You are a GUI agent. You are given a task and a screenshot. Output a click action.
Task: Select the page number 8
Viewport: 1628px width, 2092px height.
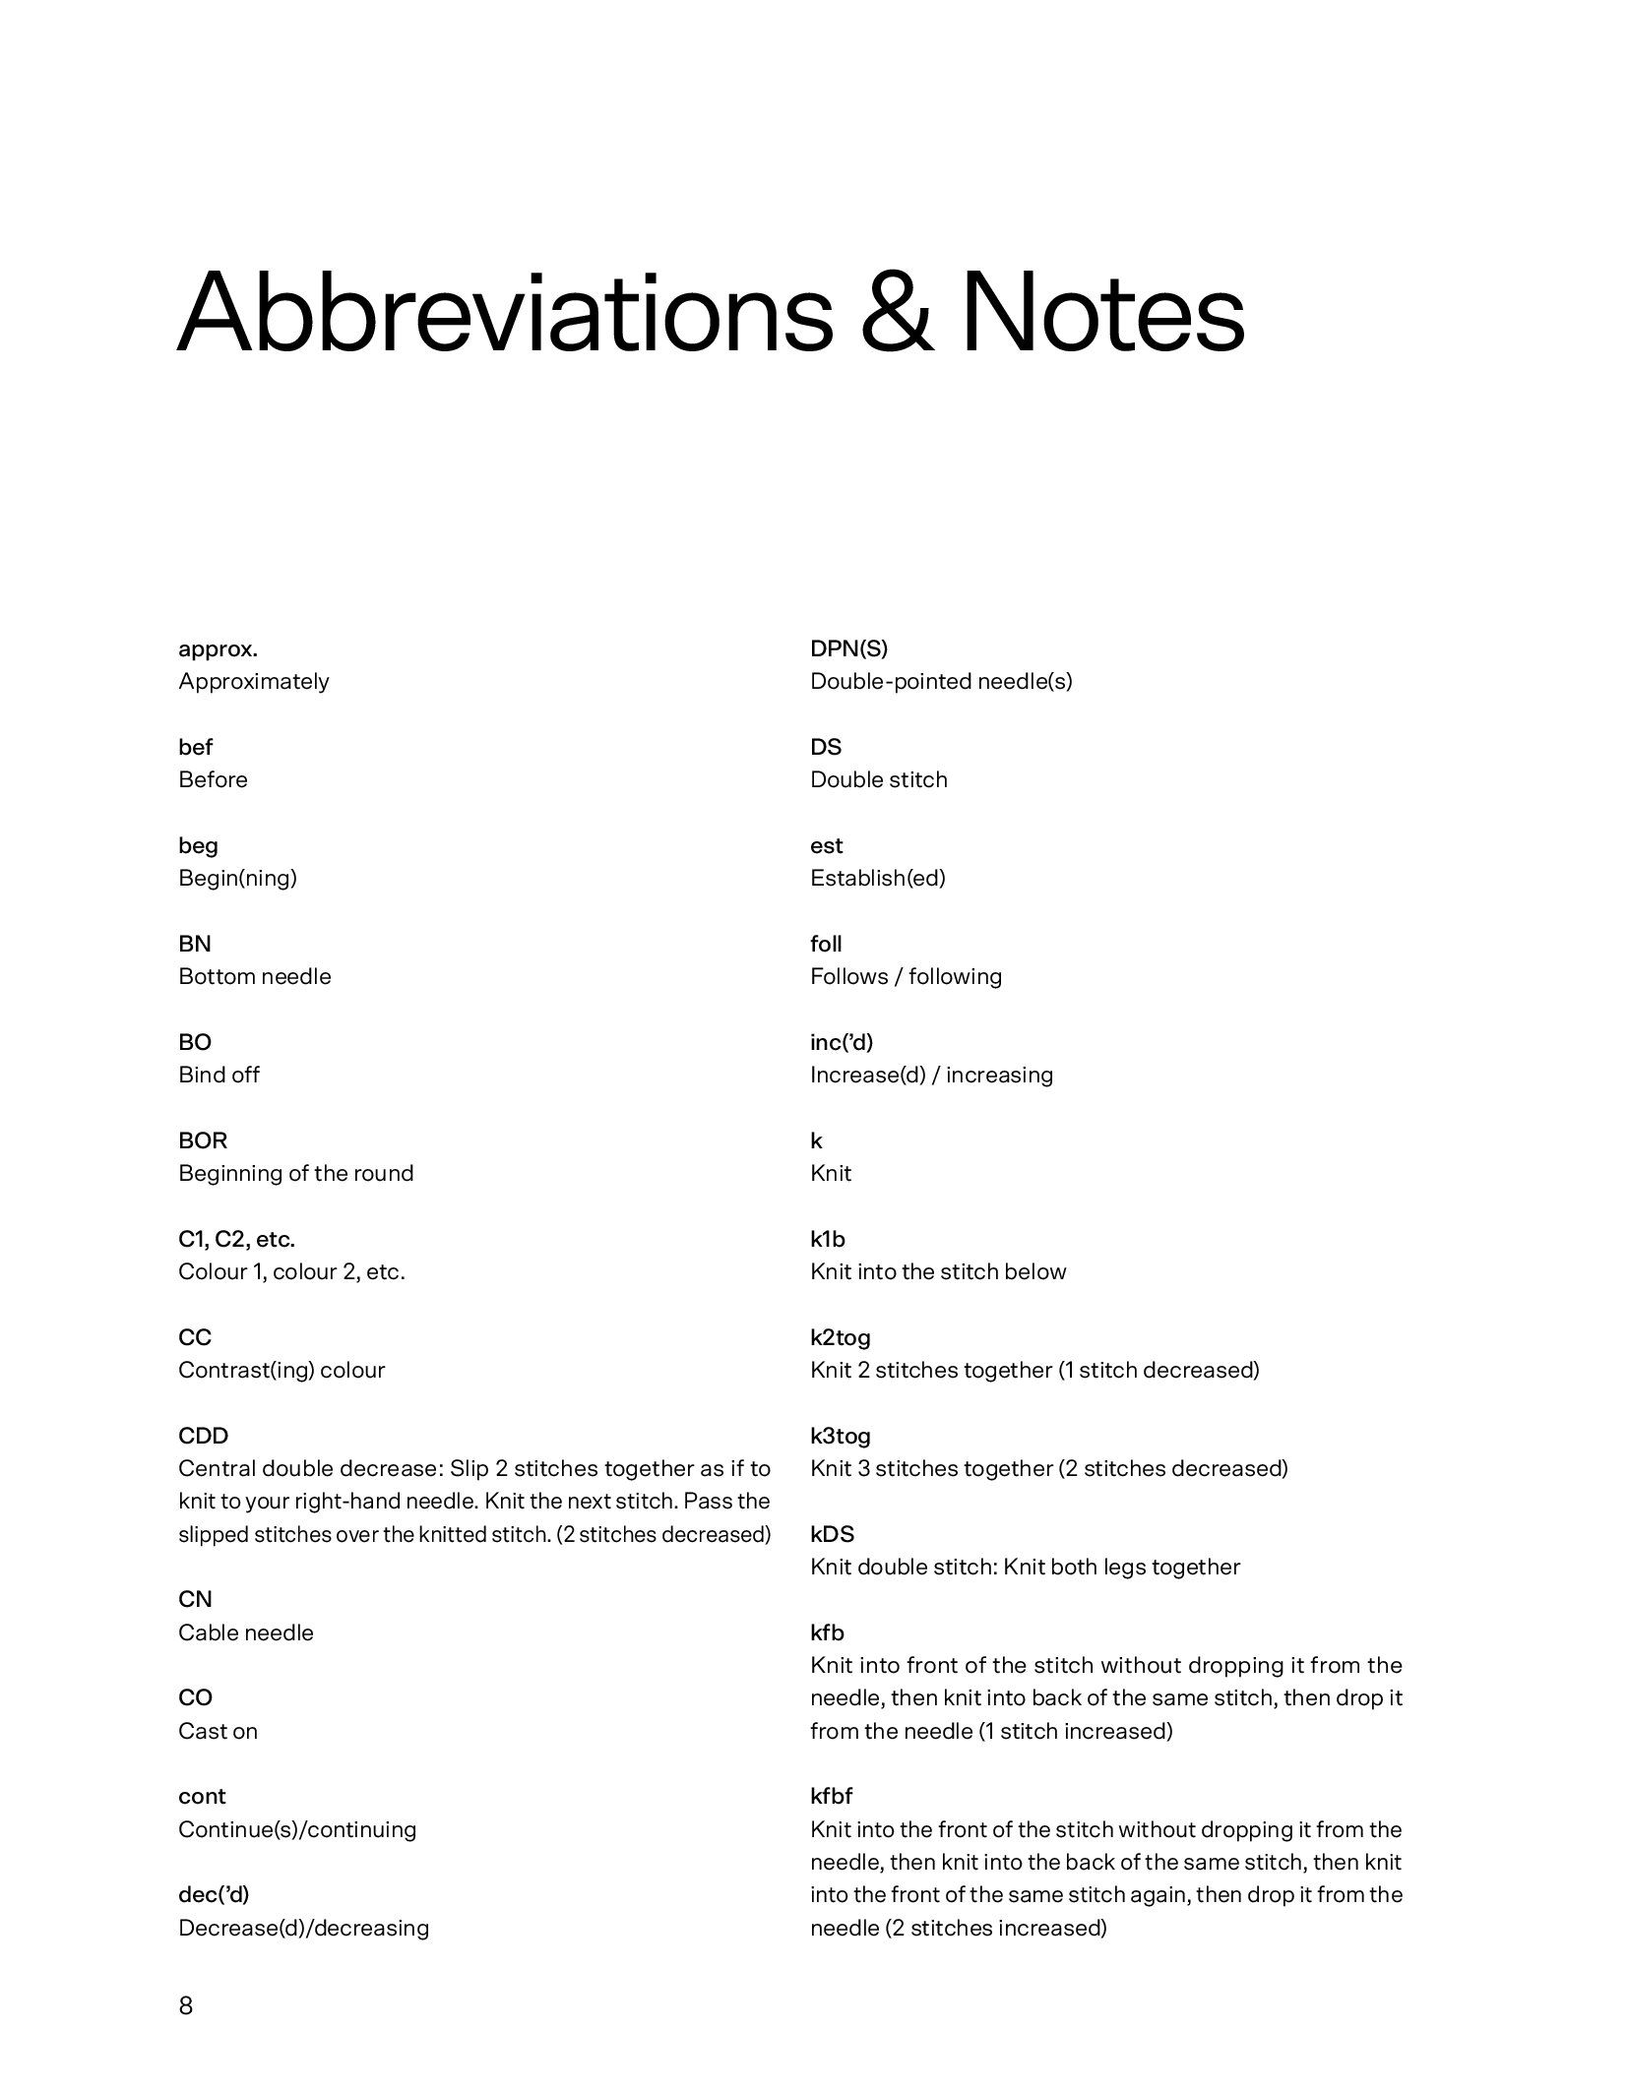(186, 2004)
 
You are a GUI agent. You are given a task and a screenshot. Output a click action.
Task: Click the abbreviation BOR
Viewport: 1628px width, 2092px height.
(203, 1140)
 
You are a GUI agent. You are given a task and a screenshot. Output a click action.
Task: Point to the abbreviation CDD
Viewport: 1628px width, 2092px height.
(203, 1436)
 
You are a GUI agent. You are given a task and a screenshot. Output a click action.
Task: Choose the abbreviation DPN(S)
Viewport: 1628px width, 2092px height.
(848, 648)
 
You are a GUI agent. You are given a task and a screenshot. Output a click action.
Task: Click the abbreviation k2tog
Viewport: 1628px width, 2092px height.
(841, 1337)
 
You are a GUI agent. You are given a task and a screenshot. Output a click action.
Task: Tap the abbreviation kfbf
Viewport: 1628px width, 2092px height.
(832, 1796)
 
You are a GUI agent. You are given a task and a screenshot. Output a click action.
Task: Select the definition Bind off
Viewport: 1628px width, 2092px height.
(219, 1075)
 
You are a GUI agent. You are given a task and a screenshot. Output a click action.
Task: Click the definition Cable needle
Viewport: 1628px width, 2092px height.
(246, 1632)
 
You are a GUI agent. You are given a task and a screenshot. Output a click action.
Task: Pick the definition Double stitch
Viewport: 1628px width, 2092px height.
(879, 779)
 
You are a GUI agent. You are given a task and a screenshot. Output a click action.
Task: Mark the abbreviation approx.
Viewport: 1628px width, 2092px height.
(218, 648)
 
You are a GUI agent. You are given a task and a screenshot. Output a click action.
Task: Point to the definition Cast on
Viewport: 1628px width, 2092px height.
(218, 1731)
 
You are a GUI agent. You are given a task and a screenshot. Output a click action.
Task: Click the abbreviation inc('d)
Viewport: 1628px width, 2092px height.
(842, 1042)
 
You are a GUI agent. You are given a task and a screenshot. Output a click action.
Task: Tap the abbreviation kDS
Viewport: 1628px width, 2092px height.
(833, 1534)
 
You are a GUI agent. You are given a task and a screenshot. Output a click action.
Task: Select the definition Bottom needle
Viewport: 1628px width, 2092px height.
(255, 976)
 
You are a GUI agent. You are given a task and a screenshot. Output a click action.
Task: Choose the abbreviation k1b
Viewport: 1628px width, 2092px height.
(828, 1239)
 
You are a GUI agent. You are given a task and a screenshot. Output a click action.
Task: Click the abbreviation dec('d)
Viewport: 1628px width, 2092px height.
(214, 1894)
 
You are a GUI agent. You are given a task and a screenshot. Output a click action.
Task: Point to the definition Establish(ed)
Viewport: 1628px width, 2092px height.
(878, 878)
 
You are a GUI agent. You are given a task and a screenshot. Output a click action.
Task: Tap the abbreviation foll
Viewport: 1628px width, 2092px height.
(826, 944)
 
